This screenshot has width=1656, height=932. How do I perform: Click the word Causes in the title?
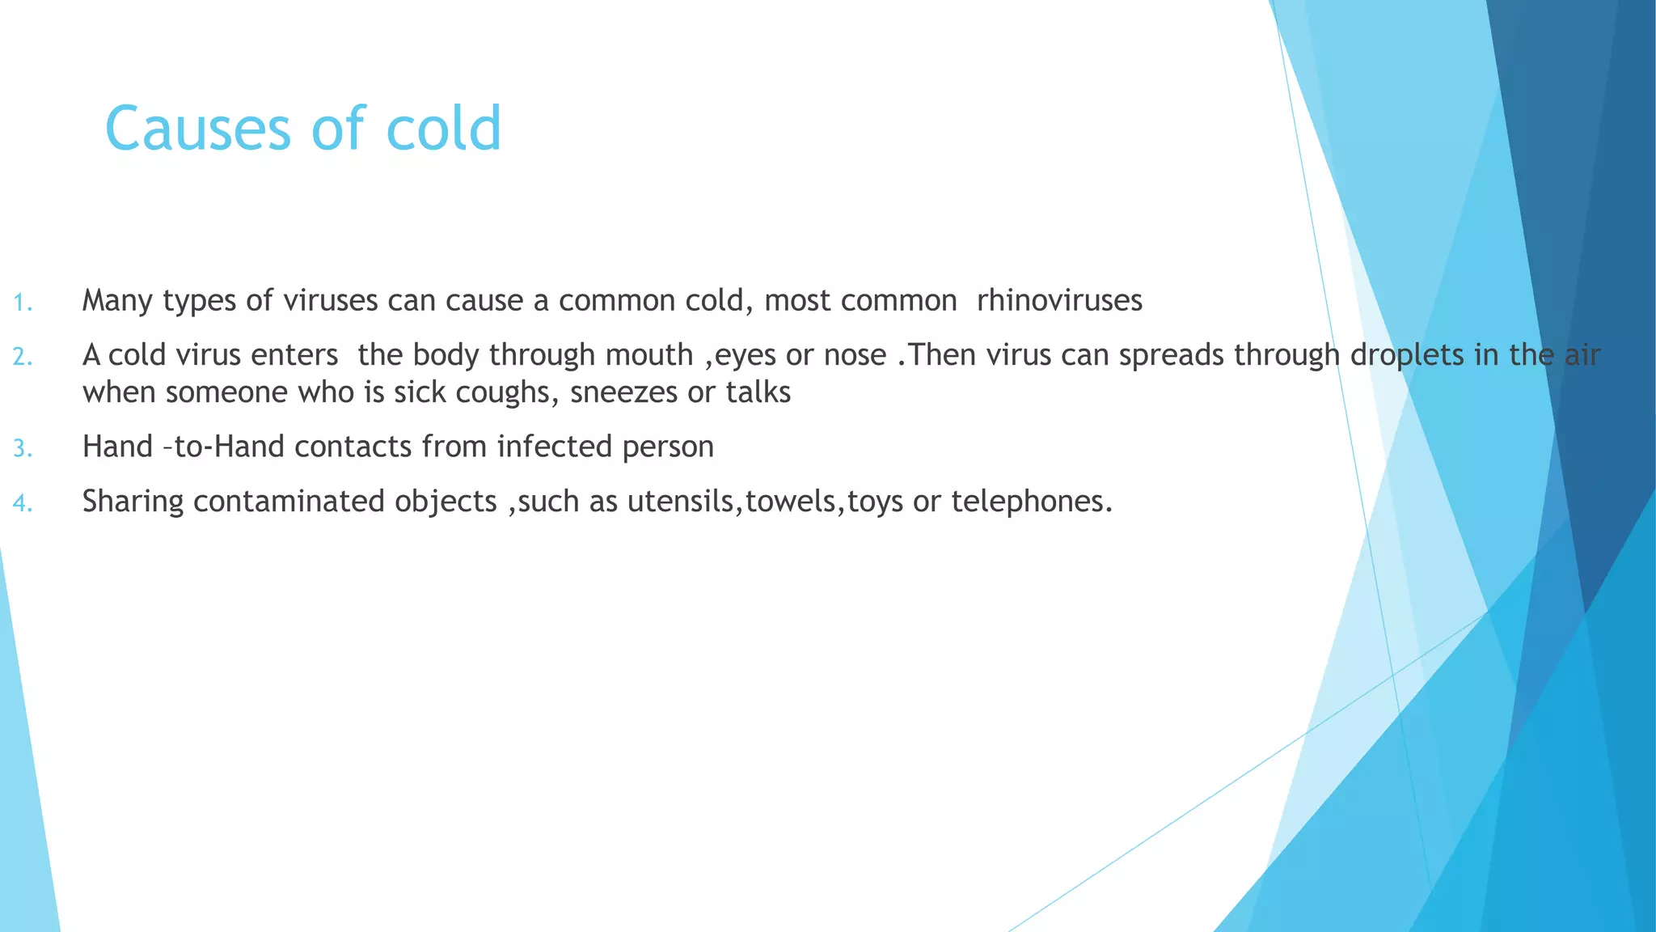(197, 129)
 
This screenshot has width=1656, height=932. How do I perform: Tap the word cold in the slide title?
(444, 129)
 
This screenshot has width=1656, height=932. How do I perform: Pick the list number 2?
(23, 357)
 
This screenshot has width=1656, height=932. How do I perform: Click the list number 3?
(23, 448)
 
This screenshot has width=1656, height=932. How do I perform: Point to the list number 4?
(23, 504)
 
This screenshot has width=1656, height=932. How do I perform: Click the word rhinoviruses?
(1059, 301)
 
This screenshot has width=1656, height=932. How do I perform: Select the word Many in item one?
(118, 301)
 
